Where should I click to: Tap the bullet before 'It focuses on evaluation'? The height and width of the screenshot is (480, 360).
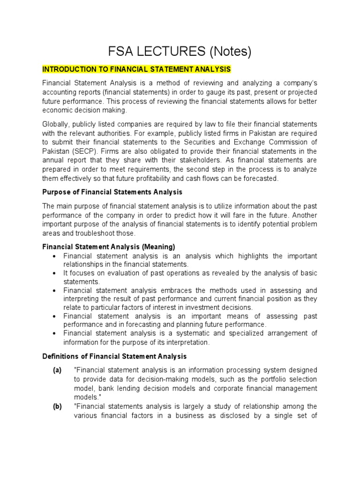tap(55, 273)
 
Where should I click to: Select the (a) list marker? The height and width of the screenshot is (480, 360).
tap(57, 370)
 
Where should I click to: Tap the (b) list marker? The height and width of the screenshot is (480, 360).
tap(57, 406)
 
